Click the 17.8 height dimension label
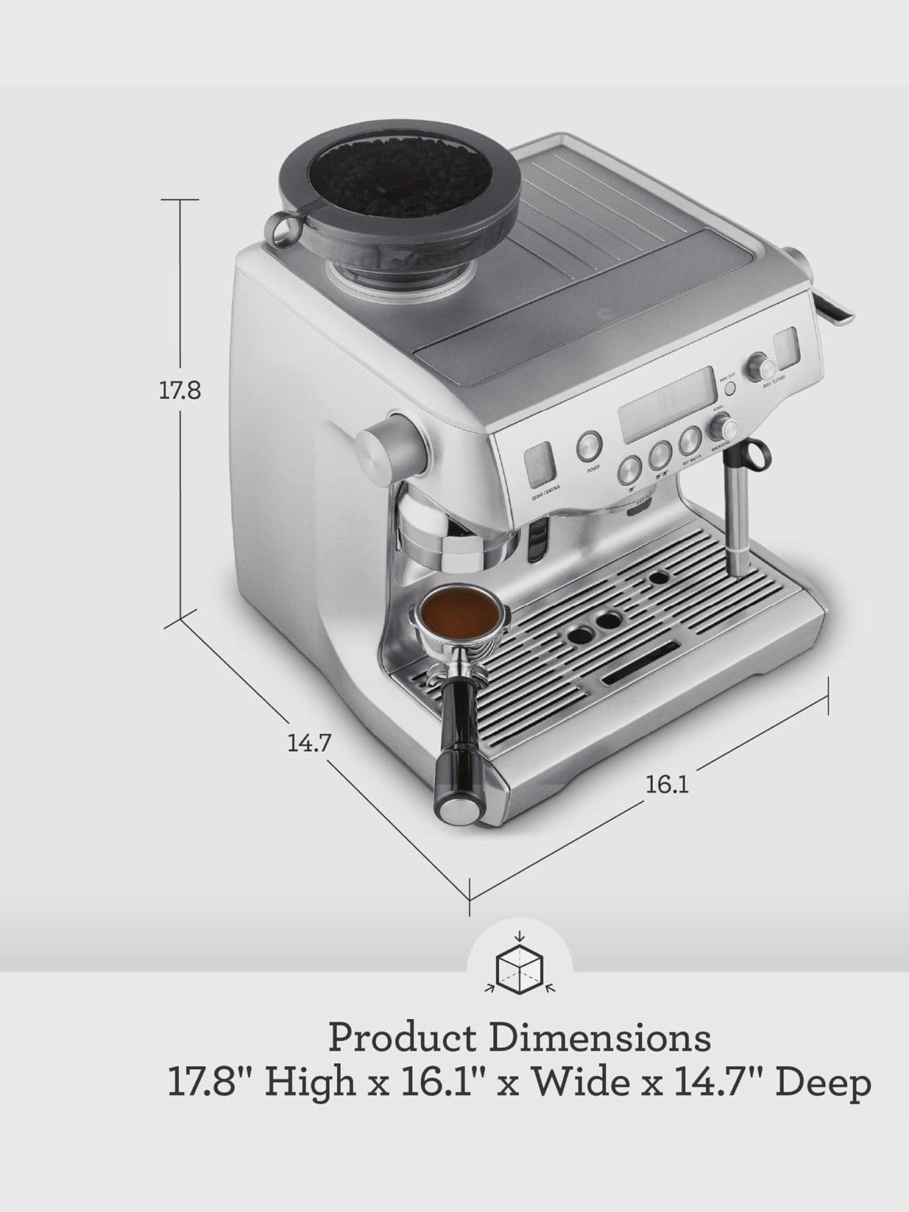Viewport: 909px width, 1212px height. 180,390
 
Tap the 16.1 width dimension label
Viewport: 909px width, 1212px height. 668,785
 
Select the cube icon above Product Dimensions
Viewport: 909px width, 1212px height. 520,964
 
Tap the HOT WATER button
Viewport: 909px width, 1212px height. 690,441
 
